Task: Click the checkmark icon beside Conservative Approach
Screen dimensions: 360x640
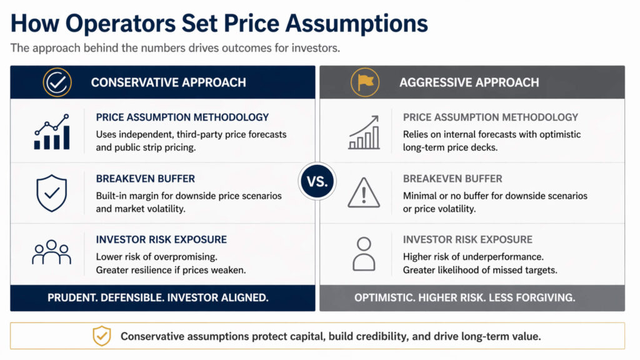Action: point(57,82)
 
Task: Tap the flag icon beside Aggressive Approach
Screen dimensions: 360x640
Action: point(364,82)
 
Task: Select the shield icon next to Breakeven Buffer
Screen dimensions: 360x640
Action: point(52,194)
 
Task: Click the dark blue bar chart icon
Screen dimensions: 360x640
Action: point(52,132)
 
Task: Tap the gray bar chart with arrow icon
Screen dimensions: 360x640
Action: point(364,132)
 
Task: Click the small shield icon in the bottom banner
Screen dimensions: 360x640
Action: point(101,336)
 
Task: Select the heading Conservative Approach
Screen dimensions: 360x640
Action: point(168,82)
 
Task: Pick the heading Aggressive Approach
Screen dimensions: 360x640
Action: point(469,82)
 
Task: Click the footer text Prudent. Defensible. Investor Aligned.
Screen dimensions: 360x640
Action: point(158,297)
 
